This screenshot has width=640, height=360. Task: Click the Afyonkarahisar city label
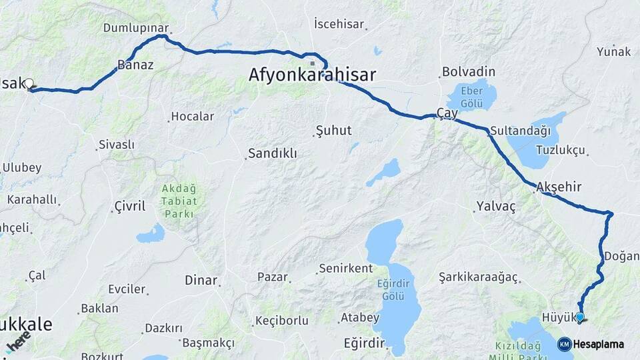312,75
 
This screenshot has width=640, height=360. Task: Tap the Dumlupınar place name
135,28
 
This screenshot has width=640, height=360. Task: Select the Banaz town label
135,65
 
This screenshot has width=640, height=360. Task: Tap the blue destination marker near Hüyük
580,317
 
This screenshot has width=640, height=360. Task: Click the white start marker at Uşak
29,83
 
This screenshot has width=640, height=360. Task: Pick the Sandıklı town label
273,154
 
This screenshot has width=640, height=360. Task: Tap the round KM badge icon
564,344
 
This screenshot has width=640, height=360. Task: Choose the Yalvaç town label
496,207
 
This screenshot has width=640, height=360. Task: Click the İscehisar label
339,25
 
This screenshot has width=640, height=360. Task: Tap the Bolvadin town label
469,71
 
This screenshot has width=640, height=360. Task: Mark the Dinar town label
201,281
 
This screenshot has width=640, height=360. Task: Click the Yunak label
613,51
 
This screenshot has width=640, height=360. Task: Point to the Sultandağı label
520,131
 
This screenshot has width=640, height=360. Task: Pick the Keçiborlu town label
283,321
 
